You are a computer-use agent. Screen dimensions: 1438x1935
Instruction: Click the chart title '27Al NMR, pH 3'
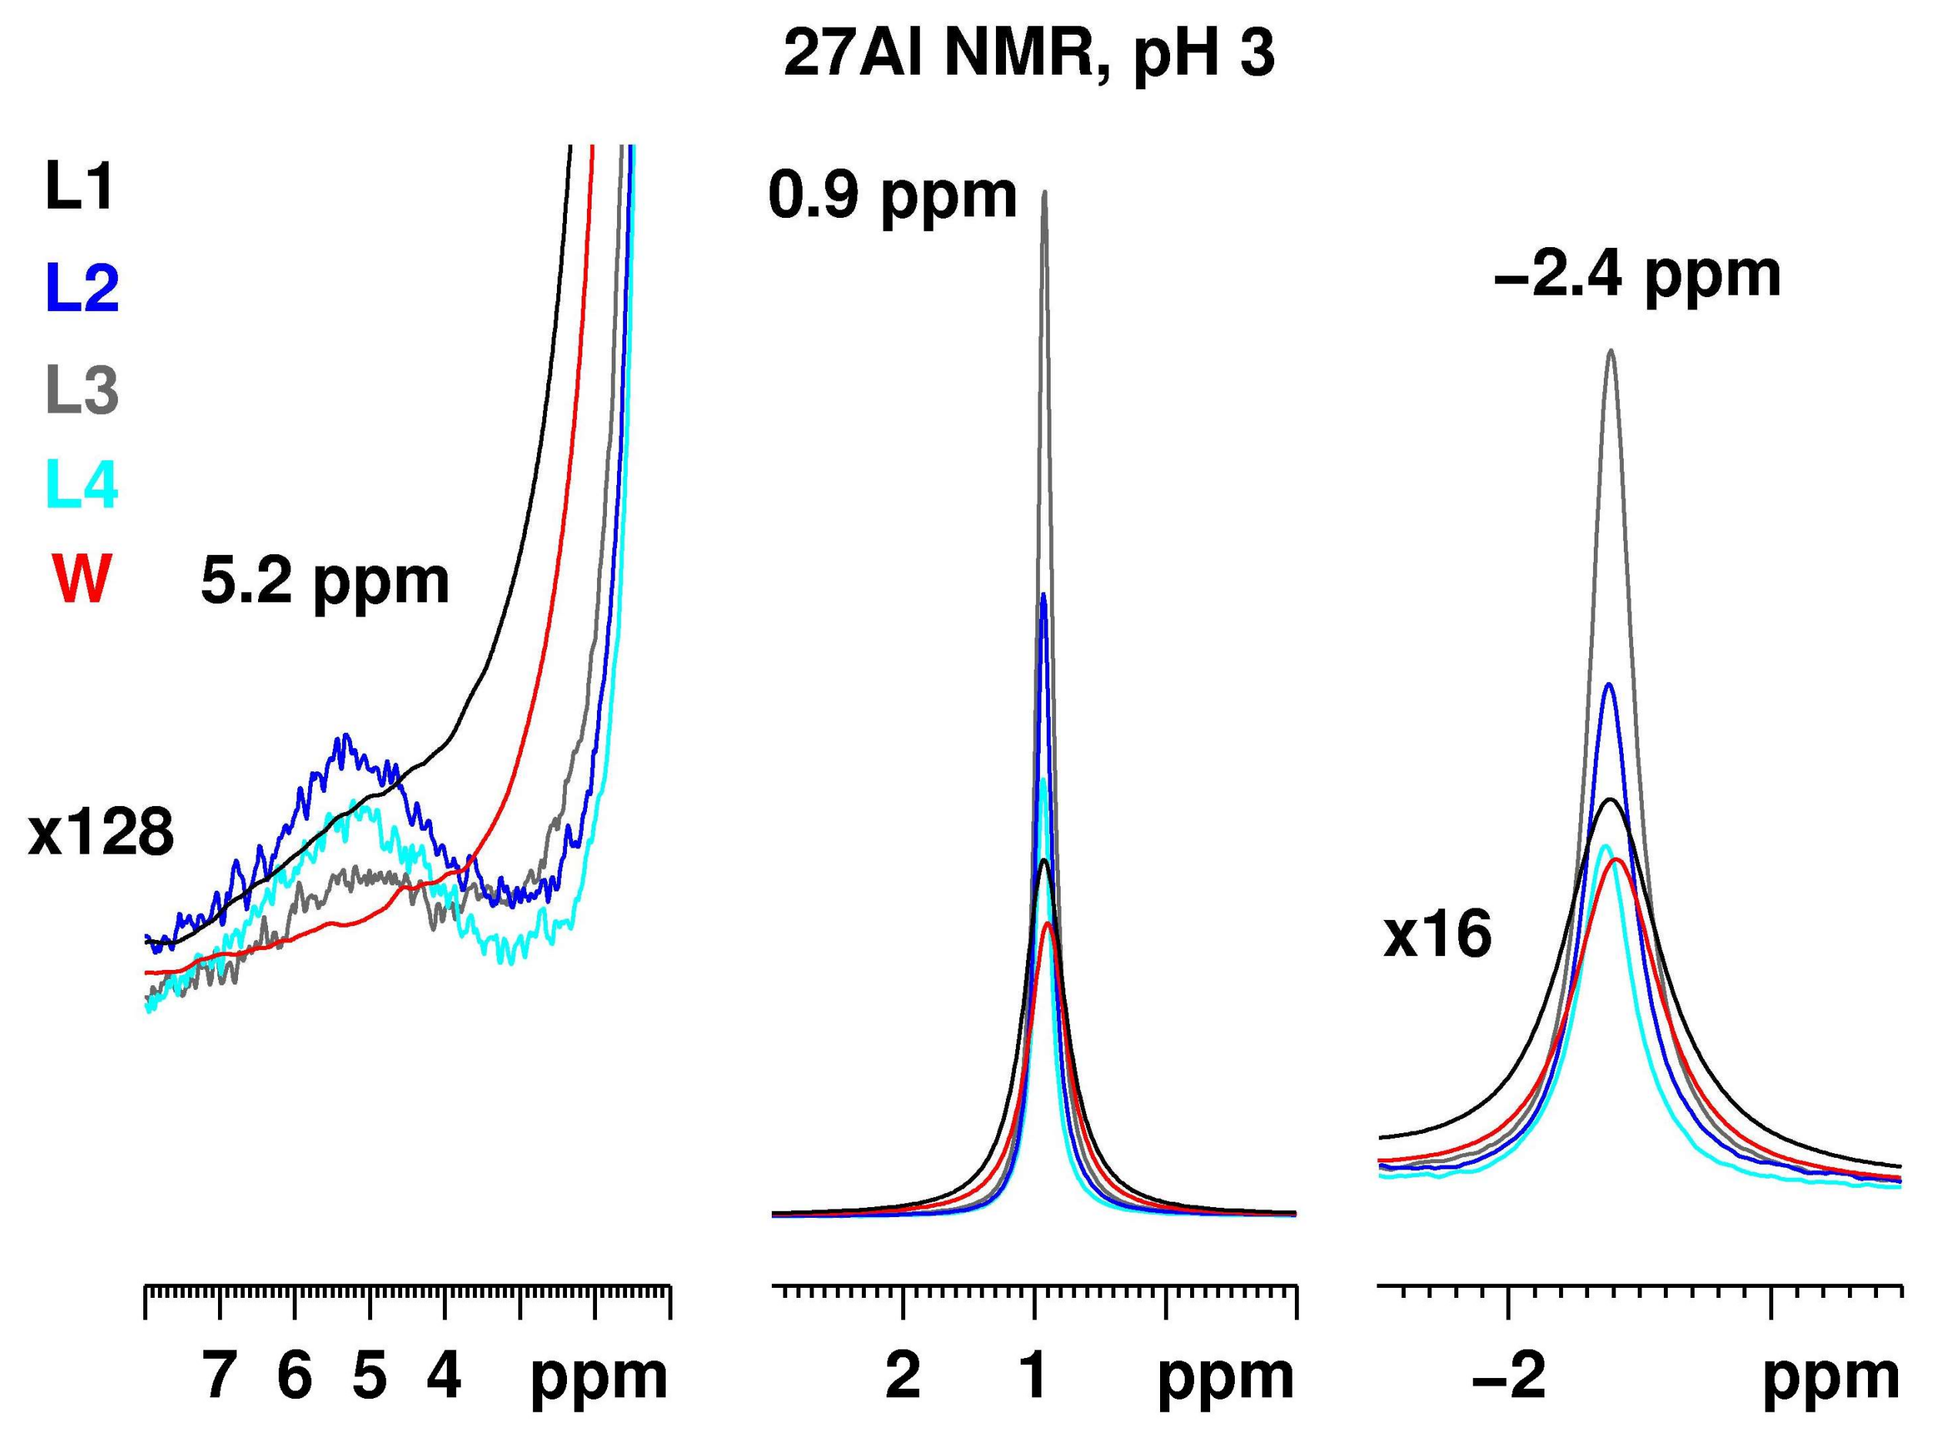coord(1028,55)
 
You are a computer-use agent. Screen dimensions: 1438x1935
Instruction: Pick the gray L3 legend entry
coord(82,390)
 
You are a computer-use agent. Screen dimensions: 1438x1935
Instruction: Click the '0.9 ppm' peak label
coord(893,195)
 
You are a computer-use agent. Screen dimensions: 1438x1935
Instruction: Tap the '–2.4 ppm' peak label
coord(1637,275)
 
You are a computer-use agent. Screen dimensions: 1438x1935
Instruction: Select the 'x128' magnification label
coord(101,833)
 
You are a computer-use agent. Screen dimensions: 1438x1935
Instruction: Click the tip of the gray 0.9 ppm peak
coord(1044,193)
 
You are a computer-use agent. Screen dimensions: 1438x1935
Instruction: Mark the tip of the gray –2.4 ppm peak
coord(1611,351)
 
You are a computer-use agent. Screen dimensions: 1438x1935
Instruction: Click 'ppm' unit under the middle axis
coord(1226,1379)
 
